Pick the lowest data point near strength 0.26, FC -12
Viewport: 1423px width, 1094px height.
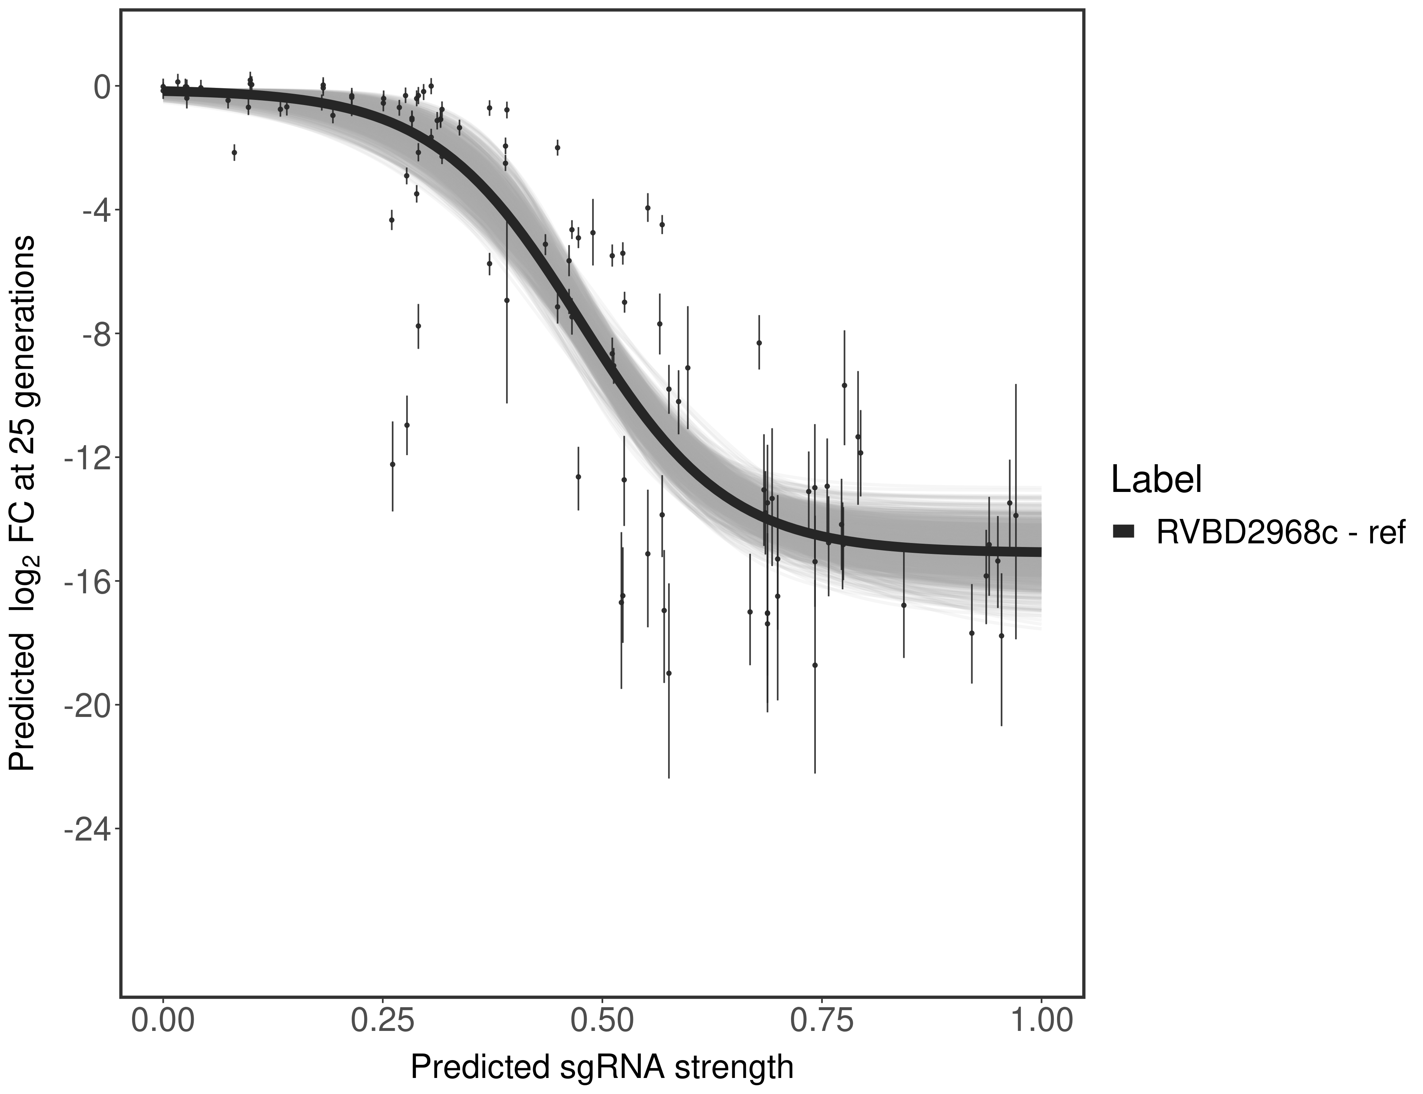pyautogui.click(x=392, y=464)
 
